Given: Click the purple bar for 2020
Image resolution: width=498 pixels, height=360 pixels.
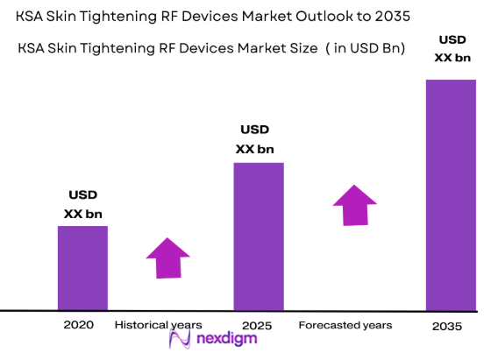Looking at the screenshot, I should coord(82,268).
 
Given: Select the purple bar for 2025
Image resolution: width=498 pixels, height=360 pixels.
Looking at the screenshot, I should coord(258,236).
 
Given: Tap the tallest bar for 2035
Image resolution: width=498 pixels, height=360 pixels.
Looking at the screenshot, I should coord(451,194).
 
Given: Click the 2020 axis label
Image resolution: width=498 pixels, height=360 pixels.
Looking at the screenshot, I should coord(78,325).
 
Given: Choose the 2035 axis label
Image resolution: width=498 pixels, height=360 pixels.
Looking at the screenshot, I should coord(447,327).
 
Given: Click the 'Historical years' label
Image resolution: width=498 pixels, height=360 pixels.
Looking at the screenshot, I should coord(159,325).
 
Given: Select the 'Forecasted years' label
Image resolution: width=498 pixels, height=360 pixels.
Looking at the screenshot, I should coord(345,325).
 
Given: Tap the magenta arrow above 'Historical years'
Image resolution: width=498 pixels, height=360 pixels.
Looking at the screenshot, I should coord(167,258).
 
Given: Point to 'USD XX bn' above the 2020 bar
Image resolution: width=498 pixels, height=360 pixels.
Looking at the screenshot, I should coord(82,204).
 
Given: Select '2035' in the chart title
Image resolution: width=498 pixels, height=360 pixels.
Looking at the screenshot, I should coord(390,17).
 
